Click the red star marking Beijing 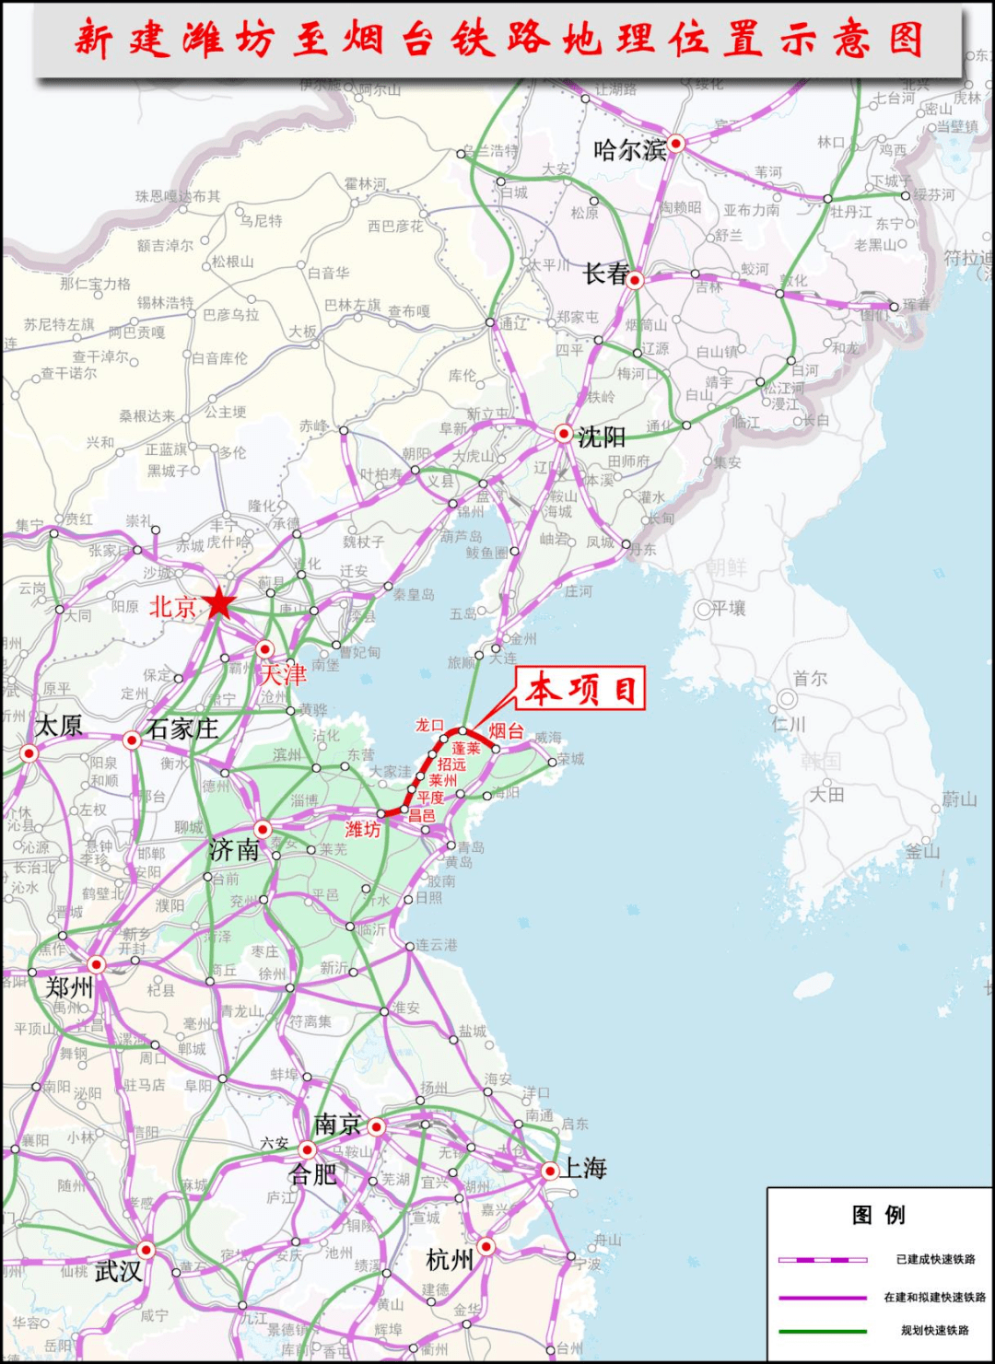(x=219, y=603)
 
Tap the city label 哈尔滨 (x=630, y=150)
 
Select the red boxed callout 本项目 (x=581, y=689)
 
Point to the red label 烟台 (x=506, y=731)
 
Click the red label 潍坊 (x=362, y=830)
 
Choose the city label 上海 (x=584, y=1169)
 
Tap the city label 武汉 (x=118, y=1271)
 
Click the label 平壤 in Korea (x=728, y=608)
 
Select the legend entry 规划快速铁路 (x=934, y=1330)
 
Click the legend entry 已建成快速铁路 (x=935, y=1259)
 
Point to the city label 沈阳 (x=602, y=437)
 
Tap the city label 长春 (x=606, y=274)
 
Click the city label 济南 (x=234, y=850)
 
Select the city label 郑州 (x=70, y=987)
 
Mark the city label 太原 (x=59, y=726)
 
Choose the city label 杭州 (x=450, y=1259)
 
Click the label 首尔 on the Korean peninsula (x=810, y=679)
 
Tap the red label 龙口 (x=429, y=726)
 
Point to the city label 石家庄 (x=182, y=729)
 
